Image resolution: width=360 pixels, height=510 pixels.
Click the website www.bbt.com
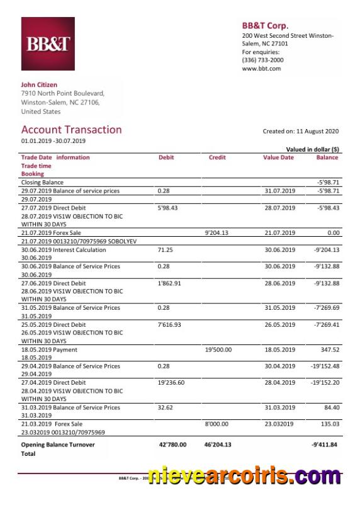(x=261, y=69)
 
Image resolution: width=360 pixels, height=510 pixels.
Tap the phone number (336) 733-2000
(x=262, y=60)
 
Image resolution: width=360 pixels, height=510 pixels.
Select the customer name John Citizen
(x=39, y=84)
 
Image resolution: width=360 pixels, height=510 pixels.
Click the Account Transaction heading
(x=71, y=130)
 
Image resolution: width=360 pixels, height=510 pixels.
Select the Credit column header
(x=217, y=157)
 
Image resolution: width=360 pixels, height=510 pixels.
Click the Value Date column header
(x=278, y=157)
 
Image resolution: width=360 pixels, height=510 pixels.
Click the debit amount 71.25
(x=165, y=250)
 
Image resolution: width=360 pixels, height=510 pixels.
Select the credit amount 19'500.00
(x=218, y=349)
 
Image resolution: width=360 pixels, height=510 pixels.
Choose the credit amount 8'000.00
(x=217, y=424)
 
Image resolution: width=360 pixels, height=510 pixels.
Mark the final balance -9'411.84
(x=325, y=445)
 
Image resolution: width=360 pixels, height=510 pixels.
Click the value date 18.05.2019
(x=279, y=349)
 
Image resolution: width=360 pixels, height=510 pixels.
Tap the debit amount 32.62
(x=165, y=407)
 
